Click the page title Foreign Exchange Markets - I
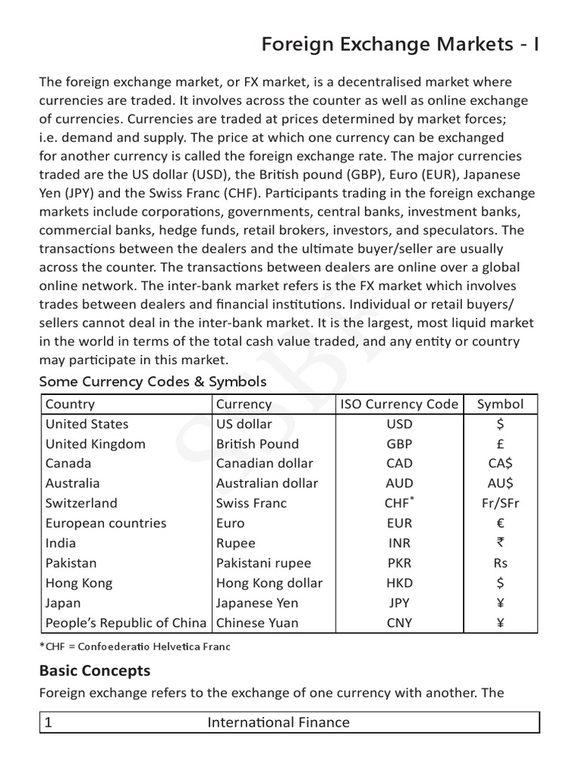click(400, 45)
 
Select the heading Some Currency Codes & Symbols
click(152, 381)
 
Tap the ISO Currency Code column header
click(399, 404)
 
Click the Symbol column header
click(501, 404)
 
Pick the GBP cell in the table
click(399, 444)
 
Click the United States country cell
click(87, 424)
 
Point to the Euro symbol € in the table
click(501, 523)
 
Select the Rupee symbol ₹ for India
click(501, 543)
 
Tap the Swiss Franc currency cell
click(251, 504)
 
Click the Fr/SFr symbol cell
click(501, 504)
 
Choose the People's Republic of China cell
click(125, 623)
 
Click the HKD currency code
click(399, 583)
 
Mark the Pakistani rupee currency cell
click(263, 563)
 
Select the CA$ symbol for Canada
click(501, 464)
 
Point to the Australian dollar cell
click(267, 483)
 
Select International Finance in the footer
click(278, 722)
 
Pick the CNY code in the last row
click(399, 623)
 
